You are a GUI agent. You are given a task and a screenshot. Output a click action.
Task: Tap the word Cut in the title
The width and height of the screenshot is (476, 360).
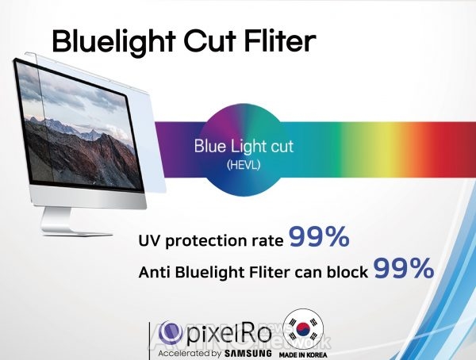tap(210, 40)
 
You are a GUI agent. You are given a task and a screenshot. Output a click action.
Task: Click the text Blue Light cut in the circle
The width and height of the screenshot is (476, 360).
tap(244, 146)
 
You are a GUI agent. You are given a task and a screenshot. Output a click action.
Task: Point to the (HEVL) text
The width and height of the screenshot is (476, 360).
tap(244, 165)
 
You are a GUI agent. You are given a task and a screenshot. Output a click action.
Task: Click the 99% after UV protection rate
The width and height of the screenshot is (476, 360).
tap(319, 236)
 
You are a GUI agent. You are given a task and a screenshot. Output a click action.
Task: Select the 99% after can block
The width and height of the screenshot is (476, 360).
tap(404, 268)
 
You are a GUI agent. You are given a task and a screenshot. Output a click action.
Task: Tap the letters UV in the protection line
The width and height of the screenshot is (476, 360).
tap(149, 240)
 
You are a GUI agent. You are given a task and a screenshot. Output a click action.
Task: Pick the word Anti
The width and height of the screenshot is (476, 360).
tap(154, 272)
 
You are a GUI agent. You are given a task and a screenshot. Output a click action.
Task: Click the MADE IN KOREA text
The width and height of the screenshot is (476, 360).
tap(303, 354)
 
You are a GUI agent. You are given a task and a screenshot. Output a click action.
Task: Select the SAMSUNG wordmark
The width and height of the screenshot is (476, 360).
tap(248, 353)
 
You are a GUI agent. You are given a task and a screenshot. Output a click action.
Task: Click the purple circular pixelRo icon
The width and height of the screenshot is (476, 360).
tap(171, 333)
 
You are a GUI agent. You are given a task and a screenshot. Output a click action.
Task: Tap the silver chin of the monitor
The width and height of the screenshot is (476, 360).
tap(89, 197)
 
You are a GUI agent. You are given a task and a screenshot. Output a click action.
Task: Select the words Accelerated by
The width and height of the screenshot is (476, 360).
tap(190, 354)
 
